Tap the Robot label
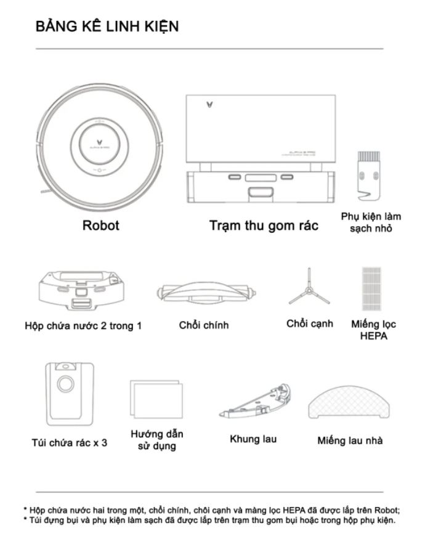click(101, 225)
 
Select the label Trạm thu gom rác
click(264, 225)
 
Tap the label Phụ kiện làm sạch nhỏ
click(371, 222)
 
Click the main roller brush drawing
click(203, 291)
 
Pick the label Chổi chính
click(203, 325)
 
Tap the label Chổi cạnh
click(309, 323)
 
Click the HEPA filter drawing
click(373, 288)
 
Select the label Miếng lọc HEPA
click(373, 330)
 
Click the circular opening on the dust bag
click(64, 385)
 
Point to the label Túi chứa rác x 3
click(69, 442)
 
